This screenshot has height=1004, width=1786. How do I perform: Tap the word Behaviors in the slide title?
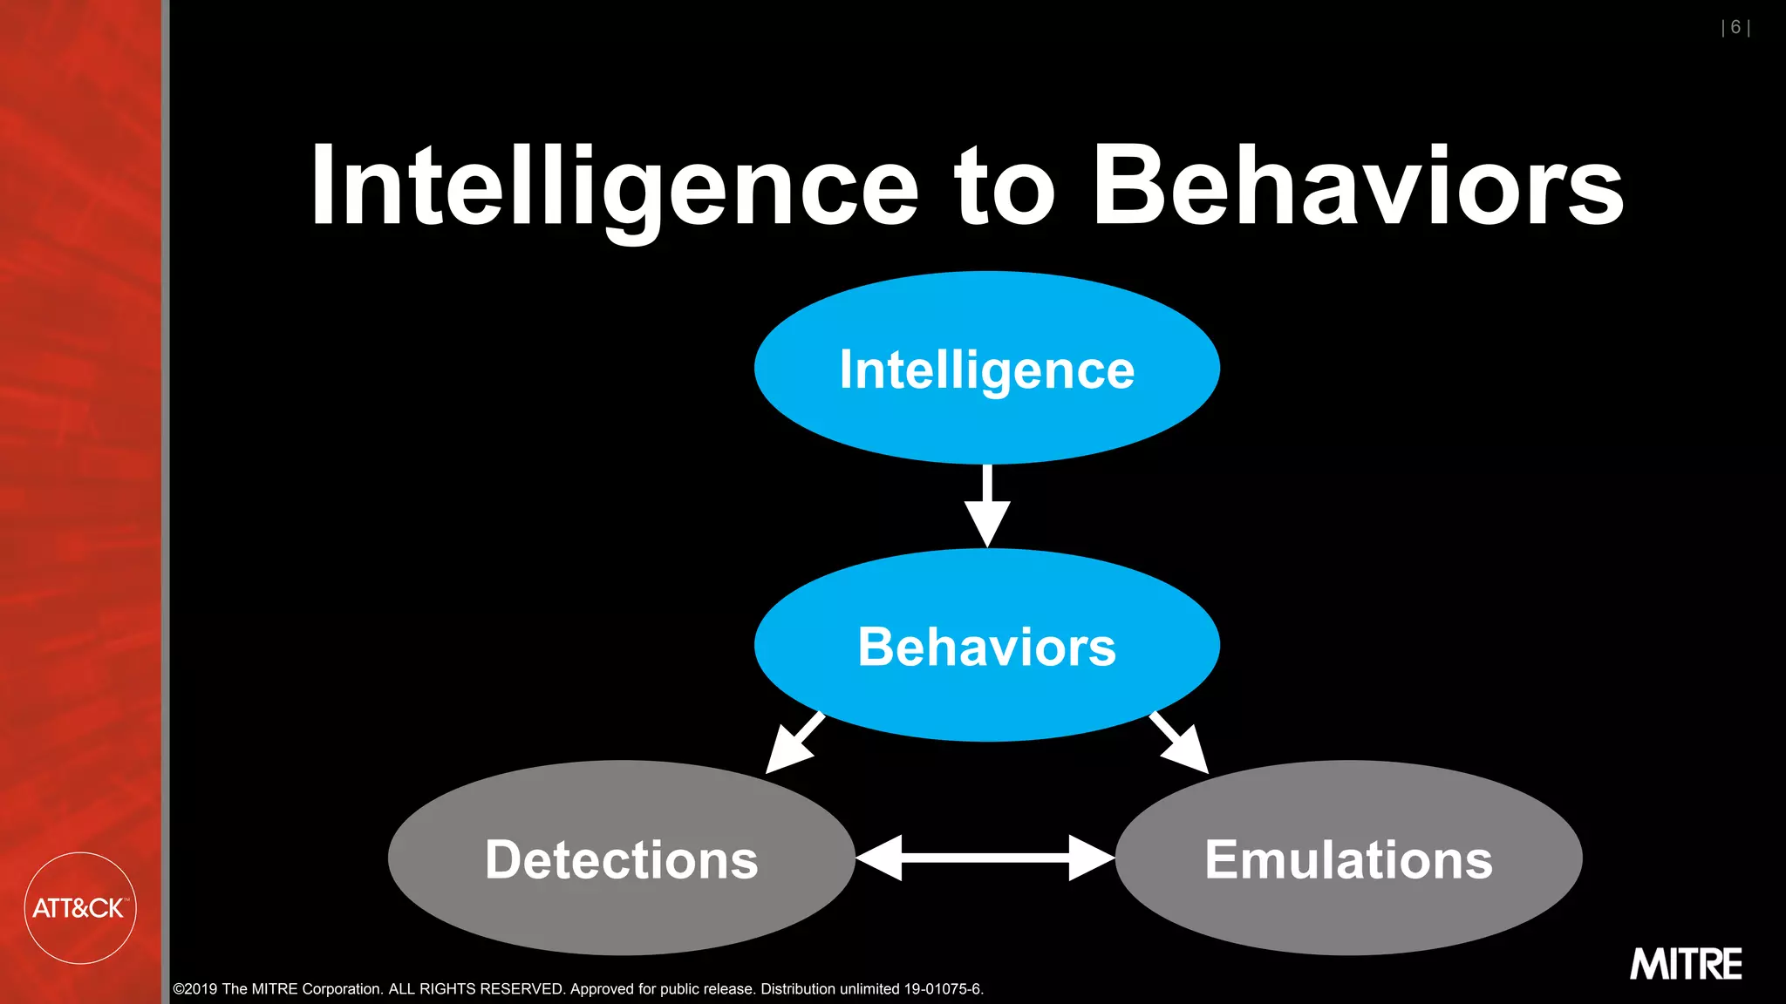click(1358, 187)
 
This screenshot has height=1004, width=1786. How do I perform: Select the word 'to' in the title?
click(1004, 187)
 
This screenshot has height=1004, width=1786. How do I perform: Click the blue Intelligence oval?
click(986, 369)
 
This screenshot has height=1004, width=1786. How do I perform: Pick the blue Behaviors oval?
click(986, 646)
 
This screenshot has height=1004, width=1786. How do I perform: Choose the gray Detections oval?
click(621, 859)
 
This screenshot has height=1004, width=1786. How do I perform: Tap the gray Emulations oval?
click(1348, 859)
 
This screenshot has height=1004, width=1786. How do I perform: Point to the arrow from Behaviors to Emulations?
click(1180, 743)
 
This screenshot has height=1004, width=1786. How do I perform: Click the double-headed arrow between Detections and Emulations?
click(985, 858)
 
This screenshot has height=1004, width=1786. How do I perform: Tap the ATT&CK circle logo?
click(79, 908)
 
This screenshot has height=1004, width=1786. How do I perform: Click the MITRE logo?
click(1686, 964)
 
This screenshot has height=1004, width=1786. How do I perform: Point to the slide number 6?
click(1735, 28)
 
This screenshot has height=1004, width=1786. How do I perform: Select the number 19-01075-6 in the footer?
click(943, 989)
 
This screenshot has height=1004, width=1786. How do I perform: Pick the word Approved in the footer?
click(602, 989)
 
